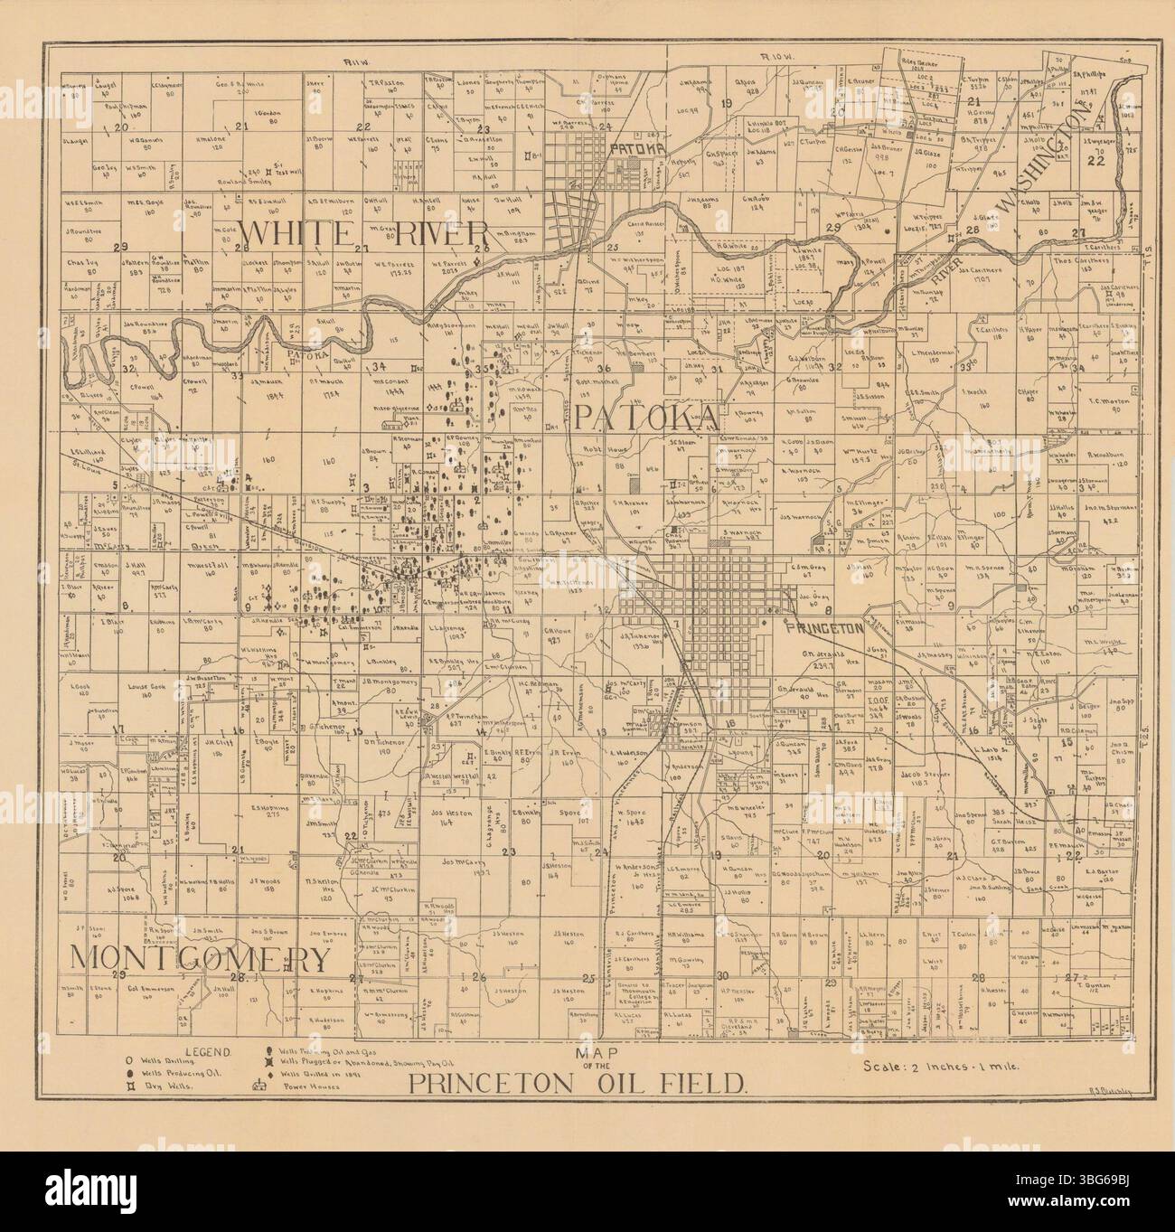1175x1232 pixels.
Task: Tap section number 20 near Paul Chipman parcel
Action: [x=123, y=127]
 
